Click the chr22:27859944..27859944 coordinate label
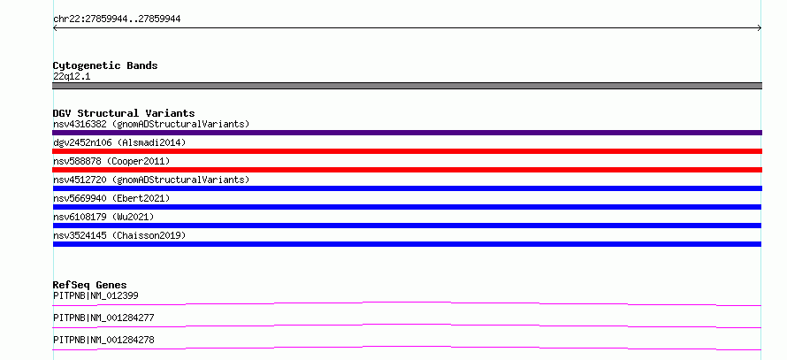[117, 19]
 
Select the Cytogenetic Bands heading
[105, 65]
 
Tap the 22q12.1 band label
[72, 77]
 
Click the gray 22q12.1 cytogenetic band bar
[407, 86]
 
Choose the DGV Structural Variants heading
[124, 113]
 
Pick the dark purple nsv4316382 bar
[407, 133]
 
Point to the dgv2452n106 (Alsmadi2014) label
[119, 142]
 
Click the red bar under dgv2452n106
[407, 151]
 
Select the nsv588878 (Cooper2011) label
[111, 161]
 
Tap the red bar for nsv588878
[407, 170]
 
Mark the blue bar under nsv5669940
[407, 207]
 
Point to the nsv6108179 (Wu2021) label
[103, 217]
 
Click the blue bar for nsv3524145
[407, 244]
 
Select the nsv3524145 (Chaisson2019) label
[119, 235]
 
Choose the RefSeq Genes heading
[90, 285]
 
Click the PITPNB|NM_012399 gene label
[96, 295]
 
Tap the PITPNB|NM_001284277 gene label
[103, 318]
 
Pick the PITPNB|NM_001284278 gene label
[103, 340]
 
